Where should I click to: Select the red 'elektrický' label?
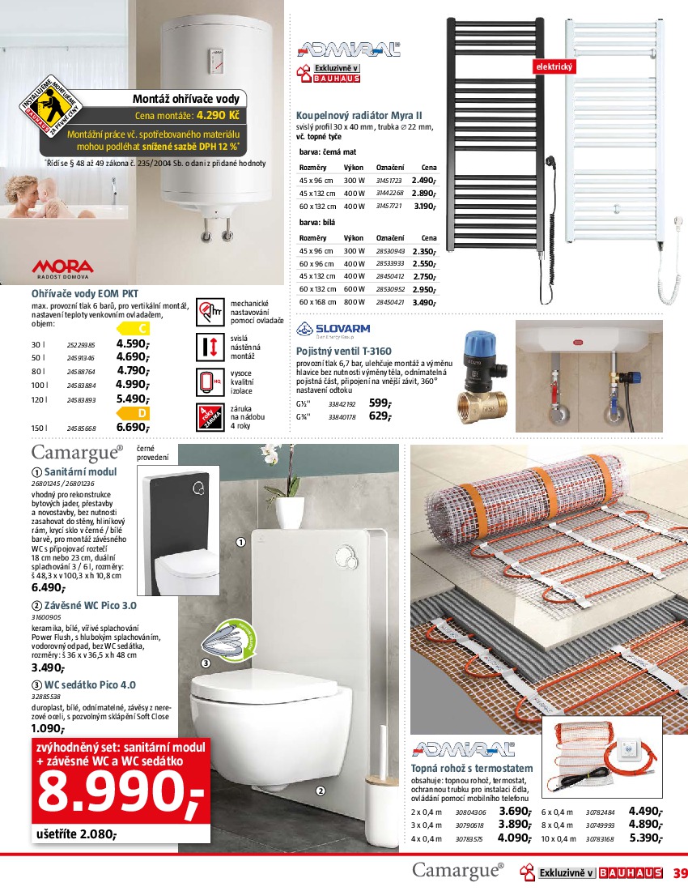(554, 66)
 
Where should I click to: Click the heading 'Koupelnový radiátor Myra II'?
(359, 116)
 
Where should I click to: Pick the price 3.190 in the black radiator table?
(424, 207)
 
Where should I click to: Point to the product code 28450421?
(390, 302)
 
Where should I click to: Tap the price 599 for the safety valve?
(380, 403)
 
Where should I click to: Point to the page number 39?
(679, 872)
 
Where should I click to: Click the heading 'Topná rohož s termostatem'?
(473, 768)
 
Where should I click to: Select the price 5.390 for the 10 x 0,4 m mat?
(646, 838)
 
